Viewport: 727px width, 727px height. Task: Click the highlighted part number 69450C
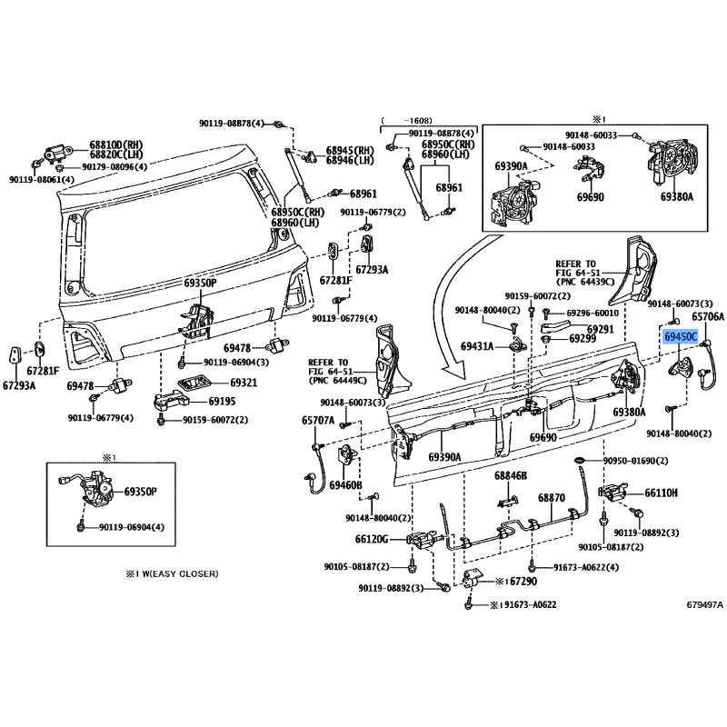click(x=681, y=337)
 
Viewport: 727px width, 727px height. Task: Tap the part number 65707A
click(x=319, y=421)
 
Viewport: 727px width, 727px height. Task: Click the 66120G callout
click(x=372, y=539)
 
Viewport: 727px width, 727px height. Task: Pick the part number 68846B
click(x=511, y=476)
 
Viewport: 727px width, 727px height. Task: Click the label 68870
click(x=551, y=499)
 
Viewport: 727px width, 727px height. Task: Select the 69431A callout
click(x=477, y=346)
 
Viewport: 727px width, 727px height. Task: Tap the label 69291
click(x=599, y=329)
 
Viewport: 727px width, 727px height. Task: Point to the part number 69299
click(x=583, y=339)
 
